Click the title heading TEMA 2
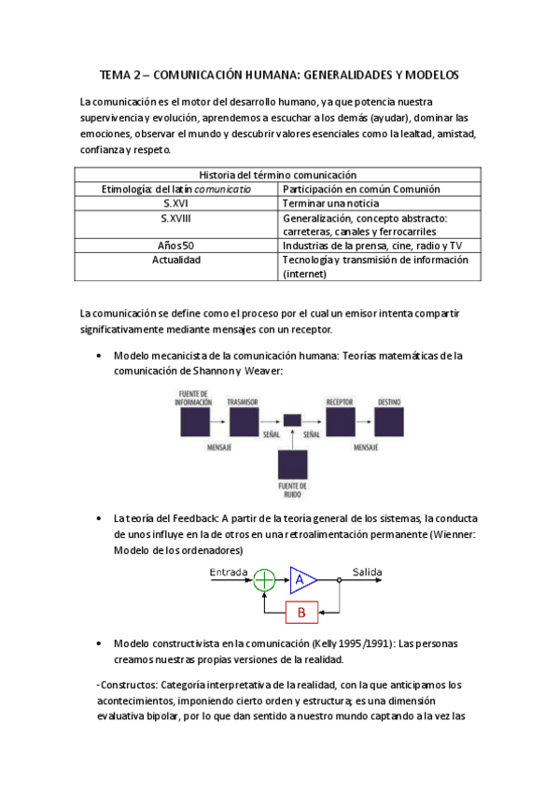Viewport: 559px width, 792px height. coord(279,75)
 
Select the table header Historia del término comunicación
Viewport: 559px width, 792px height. coord(278,175)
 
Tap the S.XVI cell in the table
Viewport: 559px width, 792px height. coord(176,203)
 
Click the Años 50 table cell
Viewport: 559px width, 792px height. coord(176,246)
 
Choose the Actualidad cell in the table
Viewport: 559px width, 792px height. coord(176,260)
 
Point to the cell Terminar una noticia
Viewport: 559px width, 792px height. coord(327,203)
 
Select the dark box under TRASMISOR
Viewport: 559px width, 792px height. coord(243,422)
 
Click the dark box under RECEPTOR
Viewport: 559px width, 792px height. coord(340,422)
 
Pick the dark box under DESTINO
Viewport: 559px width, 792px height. coord(389,422)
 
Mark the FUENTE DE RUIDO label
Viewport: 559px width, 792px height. coord(292,489)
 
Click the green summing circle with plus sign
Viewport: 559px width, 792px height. coord(265,579)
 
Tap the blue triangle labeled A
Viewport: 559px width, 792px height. coord(301,579)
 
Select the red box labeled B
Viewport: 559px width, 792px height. coord(300,613)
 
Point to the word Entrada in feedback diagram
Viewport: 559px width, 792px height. coord(229,571)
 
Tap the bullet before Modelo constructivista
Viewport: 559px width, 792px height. coord(99,643)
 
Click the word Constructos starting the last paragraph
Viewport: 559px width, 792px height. coord(128,685)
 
